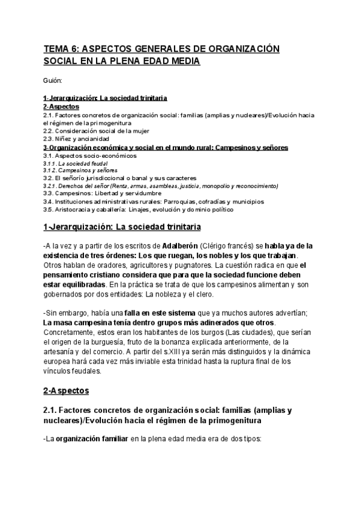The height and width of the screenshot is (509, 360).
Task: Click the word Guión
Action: [x=52, y=80]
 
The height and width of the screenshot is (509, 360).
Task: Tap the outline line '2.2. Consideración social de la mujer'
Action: [x=96, y=131]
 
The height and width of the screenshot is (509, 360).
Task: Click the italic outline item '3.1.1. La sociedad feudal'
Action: [x=75, y=163]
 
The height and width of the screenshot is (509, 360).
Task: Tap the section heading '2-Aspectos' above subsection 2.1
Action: [x=65, y=391]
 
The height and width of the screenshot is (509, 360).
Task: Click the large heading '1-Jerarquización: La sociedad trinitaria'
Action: [x=122, y=227]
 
